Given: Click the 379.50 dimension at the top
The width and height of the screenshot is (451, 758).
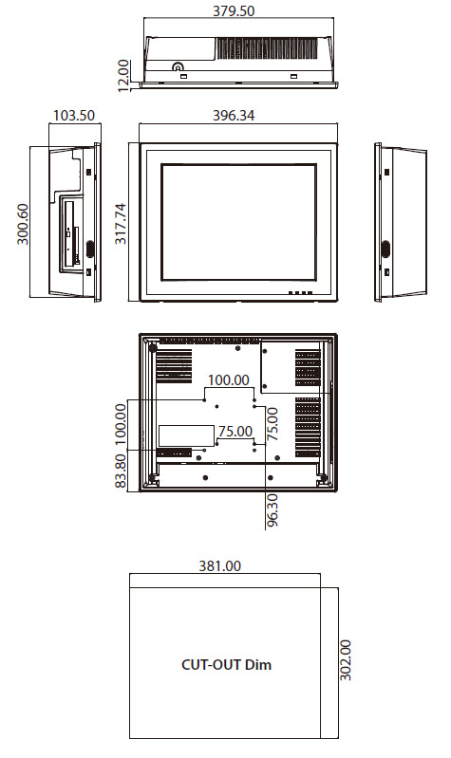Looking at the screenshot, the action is (x=234, y=10).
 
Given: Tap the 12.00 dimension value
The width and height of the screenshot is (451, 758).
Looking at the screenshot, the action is (x=123, y=75).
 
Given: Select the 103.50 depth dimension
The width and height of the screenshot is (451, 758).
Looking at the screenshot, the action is (x=73, y=116).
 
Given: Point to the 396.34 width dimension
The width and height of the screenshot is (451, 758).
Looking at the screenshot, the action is (x=234, y=116).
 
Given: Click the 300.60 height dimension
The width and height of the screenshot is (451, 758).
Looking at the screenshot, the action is (x=23, y=224).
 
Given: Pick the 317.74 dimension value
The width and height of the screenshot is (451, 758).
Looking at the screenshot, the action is (x=120, y=223).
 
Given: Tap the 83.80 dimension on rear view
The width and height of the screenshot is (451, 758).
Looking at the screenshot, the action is (x=121, y=471).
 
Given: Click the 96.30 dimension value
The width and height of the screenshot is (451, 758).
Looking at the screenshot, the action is (x=272, y=510).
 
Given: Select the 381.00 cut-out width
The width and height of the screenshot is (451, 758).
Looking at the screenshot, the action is (x=219, y=565).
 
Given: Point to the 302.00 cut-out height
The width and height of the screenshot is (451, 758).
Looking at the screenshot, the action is (x=345, y=660).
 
